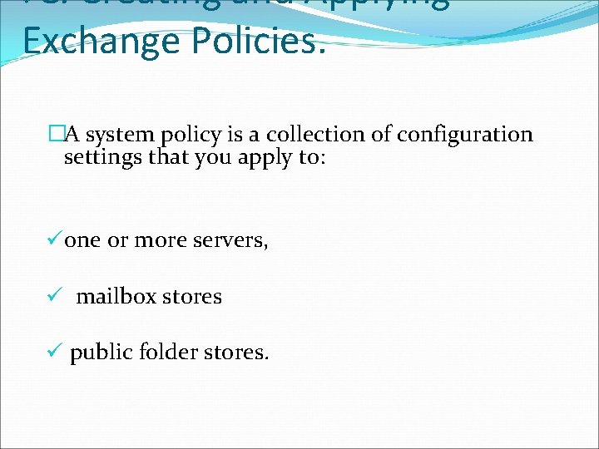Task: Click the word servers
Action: click(x=230, y=240)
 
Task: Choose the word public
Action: click(x=100, y=353)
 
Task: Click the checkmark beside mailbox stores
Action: click(x=54, y=296)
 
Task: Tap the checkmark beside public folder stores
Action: click(x=54, y=352)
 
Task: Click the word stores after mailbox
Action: click(x=192, y=296)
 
